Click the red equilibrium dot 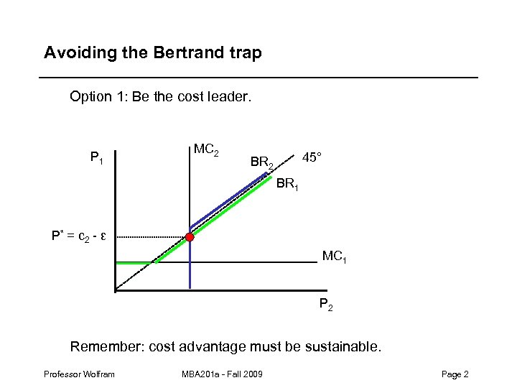[190, 236]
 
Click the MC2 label [206, 151]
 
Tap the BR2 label [262, 162]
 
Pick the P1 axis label [97, 157]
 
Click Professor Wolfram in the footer [79, 374]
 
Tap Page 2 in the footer [455, 374]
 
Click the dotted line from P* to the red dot [151, 236]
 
